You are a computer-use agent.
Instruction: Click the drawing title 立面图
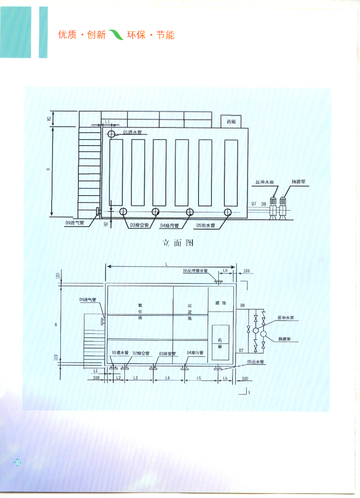(x=178, y=243)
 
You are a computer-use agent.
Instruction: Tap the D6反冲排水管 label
(x=195, y=271)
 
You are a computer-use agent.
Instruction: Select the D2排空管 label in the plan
(x=141, y=353)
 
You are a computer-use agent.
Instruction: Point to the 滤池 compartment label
(x=220, y=303)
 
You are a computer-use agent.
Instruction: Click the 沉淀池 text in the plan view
(x=190, y=311)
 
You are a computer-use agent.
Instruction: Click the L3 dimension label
(x=135, y=378)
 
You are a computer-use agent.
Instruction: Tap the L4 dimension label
(x=168, y=378)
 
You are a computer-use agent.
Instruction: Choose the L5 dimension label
(x=199, y=378)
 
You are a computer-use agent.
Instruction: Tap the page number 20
(x=18, y=462)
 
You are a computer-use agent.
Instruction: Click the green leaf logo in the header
(x=115, y=34)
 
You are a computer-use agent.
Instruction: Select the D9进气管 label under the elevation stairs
(x=74, y=223)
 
